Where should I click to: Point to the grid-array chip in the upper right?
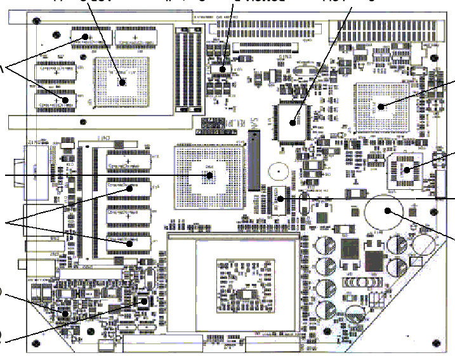[x=381, y=107]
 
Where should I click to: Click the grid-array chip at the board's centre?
[x=210, y=173]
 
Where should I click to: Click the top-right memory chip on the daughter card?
[x=138, y=37]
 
